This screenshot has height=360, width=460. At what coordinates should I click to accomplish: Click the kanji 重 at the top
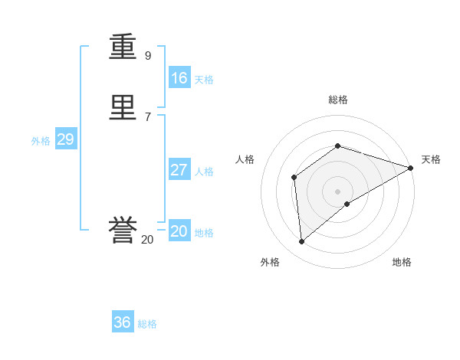point(123,47)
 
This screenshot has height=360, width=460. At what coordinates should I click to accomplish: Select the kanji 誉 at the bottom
point(123,231)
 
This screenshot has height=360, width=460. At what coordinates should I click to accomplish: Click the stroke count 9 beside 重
point(148,56)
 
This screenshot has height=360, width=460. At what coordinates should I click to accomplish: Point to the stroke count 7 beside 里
point(148,116)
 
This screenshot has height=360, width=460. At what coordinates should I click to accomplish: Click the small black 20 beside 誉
point(147,240)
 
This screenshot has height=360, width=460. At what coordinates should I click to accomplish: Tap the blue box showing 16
point(179,78)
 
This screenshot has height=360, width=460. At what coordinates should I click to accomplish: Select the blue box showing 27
point(179,170)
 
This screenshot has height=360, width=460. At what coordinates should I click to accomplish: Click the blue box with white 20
point(179,231)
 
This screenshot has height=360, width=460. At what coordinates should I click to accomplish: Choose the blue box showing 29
point(65,139)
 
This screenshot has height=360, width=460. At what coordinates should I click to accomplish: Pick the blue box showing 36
point(123,322)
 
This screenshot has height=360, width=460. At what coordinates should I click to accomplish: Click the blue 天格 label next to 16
point(204,80)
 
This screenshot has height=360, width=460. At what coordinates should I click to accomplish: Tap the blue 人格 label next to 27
point(204,172)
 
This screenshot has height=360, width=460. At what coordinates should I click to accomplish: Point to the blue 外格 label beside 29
point(41,141)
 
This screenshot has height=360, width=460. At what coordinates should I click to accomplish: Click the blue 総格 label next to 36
point(147,324)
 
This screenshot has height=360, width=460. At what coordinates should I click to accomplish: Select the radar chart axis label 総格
point(338,100)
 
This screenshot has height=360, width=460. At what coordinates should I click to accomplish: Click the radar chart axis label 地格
point(402,262)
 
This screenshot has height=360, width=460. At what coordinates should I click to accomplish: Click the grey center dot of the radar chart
point(338,191)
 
